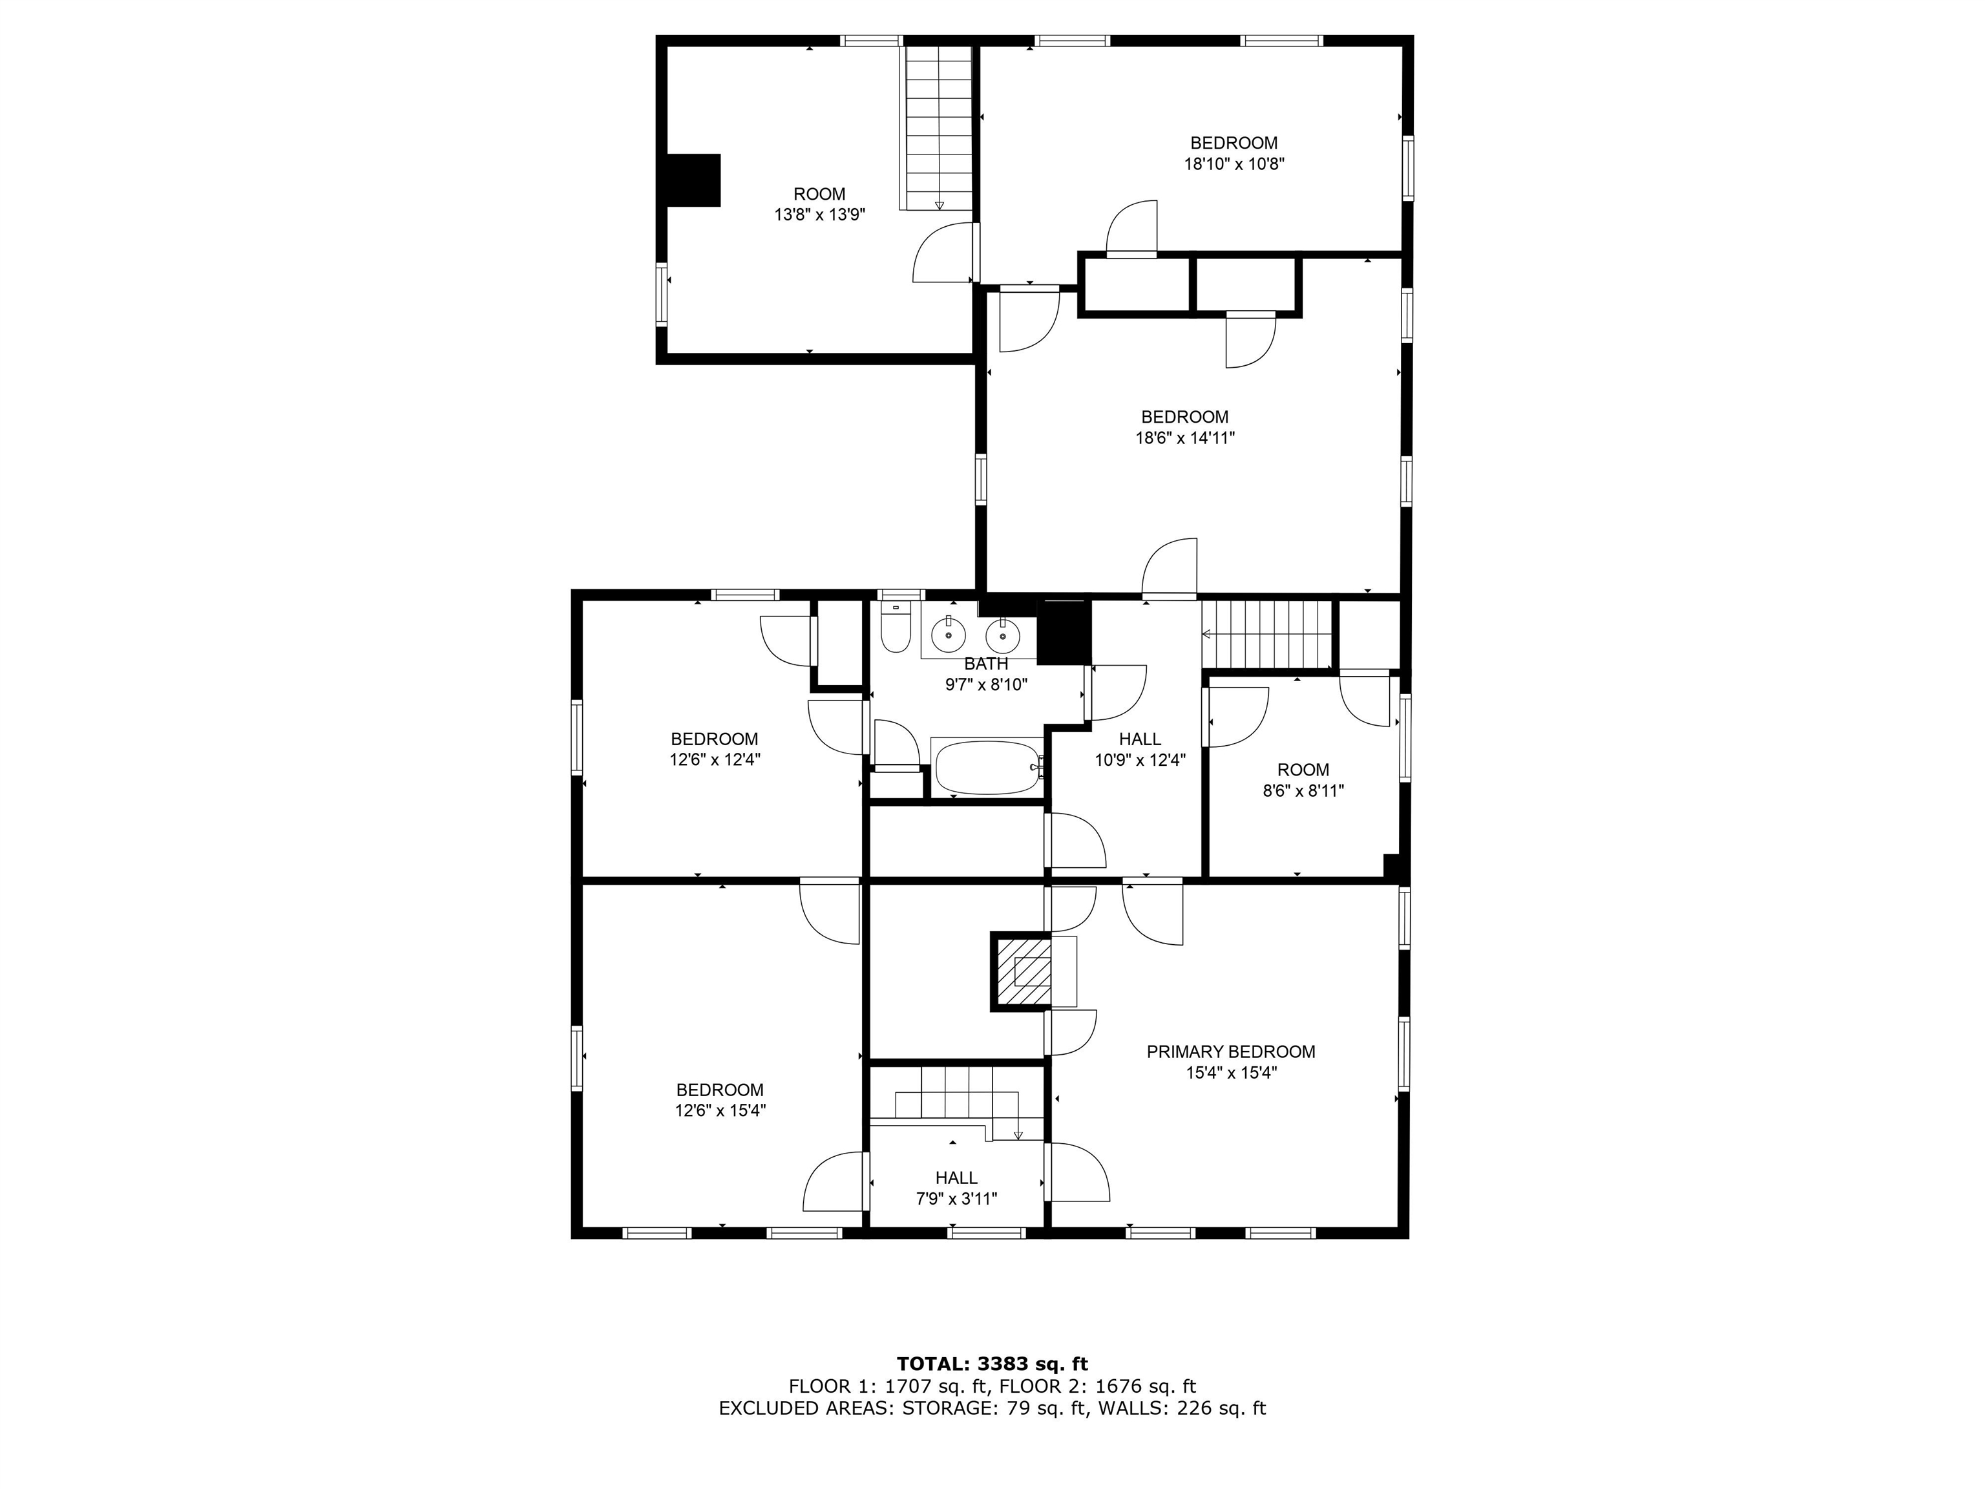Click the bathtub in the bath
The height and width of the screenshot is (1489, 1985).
point(988,768)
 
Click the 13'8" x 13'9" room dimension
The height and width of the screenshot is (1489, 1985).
point(819,215)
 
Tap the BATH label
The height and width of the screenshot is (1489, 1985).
point(986,664)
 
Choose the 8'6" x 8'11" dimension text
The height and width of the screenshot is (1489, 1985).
point(1303,792)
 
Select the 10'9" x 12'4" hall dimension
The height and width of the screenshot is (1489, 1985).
point(1140,760)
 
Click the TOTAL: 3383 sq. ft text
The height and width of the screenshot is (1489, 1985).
point(992,1365)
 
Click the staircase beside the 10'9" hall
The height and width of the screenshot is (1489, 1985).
point(1266,635)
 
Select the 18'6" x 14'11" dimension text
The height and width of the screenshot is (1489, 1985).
point(1184,439)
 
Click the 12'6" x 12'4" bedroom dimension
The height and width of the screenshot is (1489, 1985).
point(715,759)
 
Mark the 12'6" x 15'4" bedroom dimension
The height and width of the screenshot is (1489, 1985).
point(720,1110)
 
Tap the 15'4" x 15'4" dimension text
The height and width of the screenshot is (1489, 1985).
point(1230,1073)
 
